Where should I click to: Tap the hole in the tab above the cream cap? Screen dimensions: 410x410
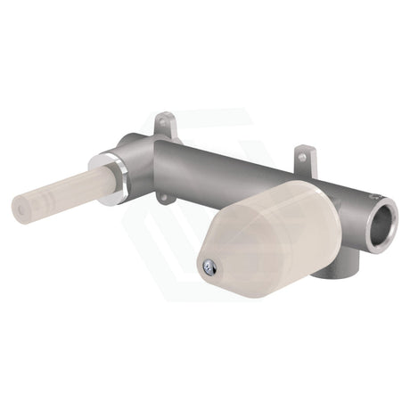click(x=303, y=158)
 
